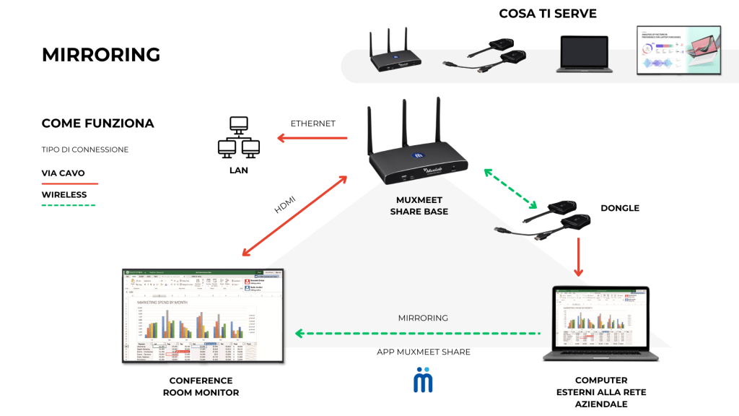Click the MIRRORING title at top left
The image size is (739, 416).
(101, 55)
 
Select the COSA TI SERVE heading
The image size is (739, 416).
(548, 14)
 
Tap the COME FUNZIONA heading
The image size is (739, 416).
(97, 123)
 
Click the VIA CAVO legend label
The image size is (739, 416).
(64, 173)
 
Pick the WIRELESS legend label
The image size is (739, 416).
(64, 195)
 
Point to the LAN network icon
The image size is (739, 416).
(238, 138)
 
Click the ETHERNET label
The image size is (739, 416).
(312, 123)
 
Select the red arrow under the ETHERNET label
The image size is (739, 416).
(310, 139)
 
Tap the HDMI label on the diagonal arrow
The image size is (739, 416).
(284, 204)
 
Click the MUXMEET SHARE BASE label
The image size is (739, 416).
(419, 207)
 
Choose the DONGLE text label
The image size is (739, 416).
(620, 208)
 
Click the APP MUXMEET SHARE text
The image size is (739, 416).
(423, 352)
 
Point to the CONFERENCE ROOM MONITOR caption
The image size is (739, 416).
(201, 386)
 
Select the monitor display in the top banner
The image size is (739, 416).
(679, 51)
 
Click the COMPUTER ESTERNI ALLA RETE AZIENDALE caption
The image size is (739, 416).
(600, 392)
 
